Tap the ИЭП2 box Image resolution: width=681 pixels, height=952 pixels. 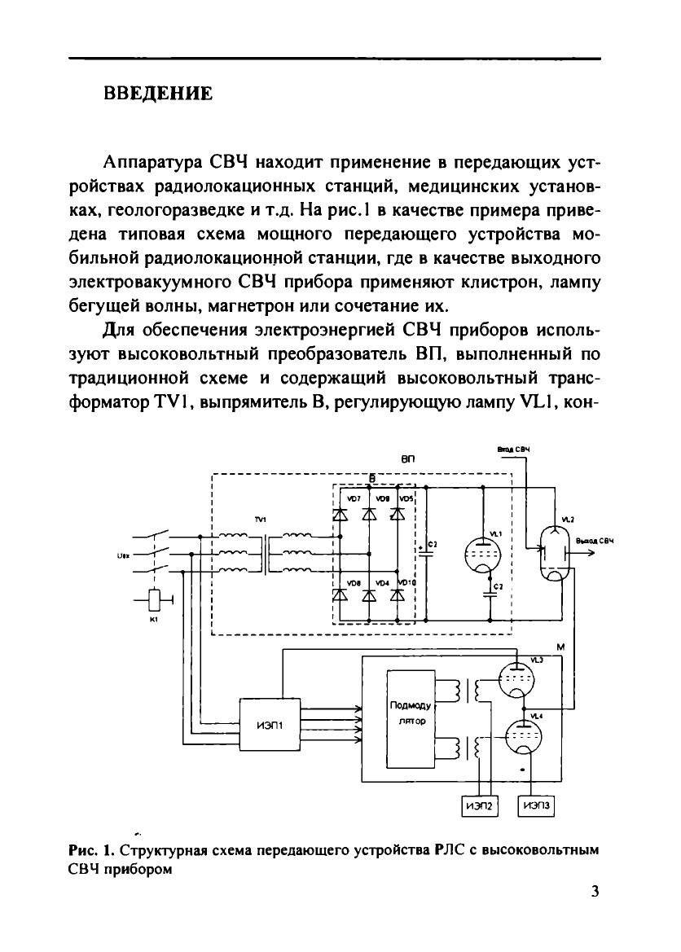[x=478, y=805]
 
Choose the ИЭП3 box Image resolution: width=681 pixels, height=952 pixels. [x=537, y=805]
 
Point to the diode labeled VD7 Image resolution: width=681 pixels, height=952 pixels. [x=340, y=514]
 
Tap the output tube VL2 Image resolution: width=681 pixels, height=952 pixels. [x=556, y=554]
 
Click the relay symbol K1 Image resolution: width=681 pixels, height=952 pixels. [x=154, y=600]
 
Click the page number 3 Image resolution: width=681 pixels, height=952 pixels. [x=595, y=890]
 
